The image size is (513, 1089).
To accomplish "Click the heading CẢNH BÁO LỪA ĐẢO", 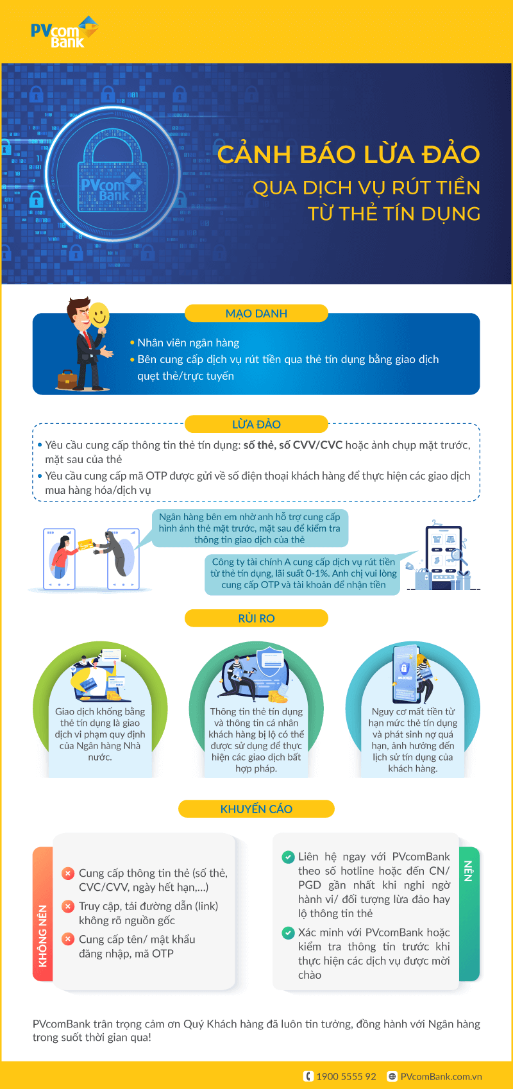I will click(348, 155).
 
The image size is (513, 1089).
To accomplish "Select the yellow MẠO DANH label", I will click(256, 314).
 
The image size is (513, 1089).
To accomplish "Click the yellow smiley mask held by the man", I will click(99, 315).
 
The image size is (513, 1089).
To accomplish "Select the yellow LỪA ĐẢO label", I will click(256, 424).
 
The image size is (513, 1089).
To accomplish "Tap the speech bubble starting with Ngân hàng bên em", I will click(249, 528).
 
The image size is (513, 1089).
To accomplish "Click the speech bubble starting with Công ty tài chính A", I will click(303, 573).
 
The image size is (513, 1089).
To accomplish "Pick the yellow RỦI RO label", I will click(256, 618).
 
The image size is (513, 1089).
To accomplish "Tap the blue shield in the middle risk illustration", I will click(270, 661).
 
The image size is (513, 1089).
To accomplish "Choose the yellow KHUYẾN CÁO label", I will click(256, 809).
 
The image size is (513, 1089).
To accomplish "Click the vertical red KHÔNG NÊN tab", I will click(42, 914).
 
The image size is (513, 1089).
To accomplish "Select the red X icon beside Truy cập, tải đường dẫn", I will click(67, 906).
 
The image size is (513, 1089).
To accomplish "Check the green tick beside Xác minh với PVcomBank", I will click(288, 933).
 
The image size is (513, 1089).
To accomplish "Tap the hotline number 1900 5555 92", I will click(346, 1076).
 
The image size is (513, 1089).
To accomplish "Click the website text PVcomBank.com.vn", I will click(441, 1076).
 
